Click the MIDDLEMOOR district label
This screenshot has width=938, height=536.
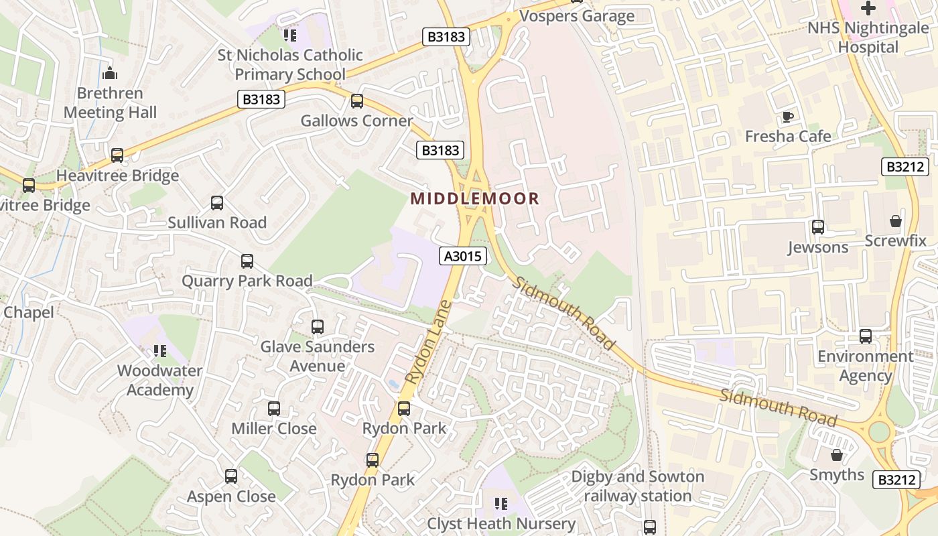pyautogui.click(x=475, y=198)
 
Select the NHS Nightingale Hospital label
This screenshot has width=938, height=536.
pyautogui.click(x=868, y=38)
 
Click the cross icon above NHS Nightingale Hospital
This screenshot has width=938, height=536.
pyautogui.click(x=868, y=8)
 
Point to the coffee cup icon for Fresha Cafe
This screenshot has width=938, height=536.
pyautogui.click(x=788, y=117)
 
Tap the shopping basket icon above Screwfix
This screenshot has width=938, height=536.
pyautogui.click(x=895, y=221)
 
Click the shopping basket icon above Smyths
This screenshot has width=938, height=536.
pyautogui.click(x=836, y=456)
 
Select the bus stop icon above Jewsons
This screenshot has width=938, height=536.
pyautogui.click(x=817, y=227)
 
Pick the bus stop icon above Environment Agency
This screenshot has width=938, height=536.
pyautogui.click(x=866, y=336)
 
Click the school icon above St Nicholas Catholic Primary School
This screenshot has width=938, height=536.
pyautogui.click(x=290, y=35)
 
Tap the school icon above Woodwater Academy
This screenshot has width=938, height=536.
pyautogui.click(x=159, y=350)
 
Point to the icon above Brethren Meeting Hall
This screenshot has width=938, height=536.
pyautogui.click(x=110, y=73)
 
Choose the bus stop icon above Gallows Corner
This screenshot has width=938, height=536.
pyautogui.click(x=357, y=101)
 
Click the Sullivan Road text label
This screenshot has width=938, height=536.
pyautogui.click(x=217, y=222)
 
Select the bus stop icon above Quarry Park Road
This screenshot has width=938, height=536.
pyautogui.click(x=247, y=261)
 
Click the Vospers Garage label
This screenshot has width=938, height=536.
pyautogui.click(x=577, y=16)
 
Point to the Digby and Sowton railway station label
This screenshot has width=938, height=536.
pyautogui.click(x=638, y=486)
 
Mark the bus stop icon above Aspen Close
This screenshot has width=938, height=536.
pyautogui.click(x=231, y=476)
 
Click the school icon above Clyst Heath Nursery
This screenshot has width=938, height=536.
pyautogui.click(x=501, y=503)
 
